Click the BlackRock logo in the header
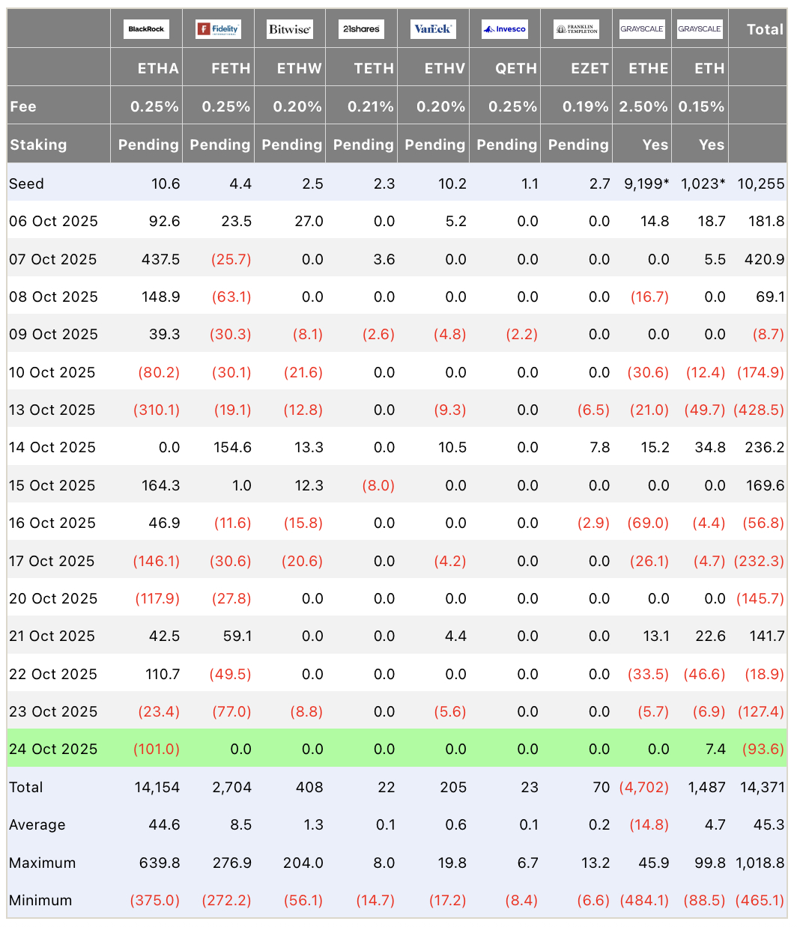coord(146,29)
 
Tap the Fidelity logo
coord(217,29)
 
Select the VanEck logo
coord(433,29)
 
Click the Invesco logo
coord(505,29)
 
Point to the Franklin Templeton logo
coord(576,29)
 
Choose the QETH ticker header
coord(516,68)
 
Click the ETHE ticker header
coord(648,68)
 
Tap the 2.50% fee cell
coord(643,106)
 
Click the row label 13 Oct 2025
coord(52,410)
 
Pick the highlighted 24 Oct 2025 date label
coord(53,749)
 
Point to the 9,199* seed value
coord(646,183)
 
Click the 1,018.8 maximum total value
coord(760,863)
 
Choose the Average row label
coord(37,824)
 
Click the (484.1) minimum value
coord(644,900)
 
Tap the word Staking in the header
coord(38,145)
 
